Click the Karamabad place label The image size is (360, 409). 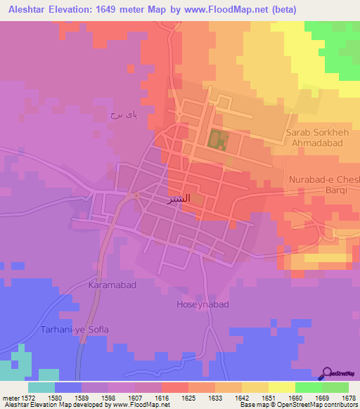click(x=112, y=286)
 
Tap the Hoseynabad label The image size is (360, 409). click(x=202, y=305)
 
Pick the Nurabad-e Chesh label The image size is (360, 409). click(x=324, y=179)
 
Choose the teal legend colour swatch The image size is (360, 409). click(x=41, y=387)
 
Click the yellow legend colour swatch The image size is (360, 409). click(x=281, y=387)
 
